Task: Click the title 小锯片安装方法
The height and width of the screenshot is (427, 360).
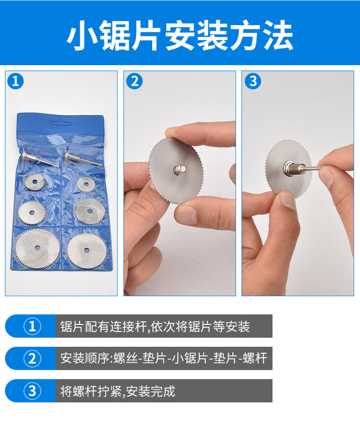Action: [x=180, y=35]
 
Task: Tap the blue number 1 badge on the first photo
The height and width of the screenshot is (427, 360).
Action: [x=15, y=81]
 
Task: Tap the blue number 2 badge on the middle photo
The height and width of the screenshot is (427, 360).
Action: [x=135, y=81]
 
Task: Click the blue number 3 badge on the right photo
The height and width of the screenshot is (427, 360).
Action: [x=253, y=81]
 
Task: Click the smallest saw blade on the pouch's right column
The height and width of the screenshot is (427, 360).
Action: [x=86, y=184]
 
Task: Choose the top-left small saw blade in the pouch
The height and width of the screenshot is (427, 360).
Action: [x=35, y=181]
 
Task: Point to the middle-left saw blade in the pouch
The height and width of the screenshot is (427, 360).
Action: [x=32, y=212]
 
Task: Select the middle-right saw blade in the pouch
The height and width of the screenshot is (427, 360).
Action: [x=90, y=210]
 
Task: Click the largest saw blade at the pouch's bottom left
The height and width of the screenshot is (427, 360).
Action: [x=37, y=248]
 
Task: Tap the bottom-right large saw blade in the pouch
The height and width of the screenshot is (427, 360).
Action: [x=87, y=250]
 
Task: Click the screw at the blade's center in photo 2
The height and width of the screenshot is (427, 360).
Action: [x=179, y=170]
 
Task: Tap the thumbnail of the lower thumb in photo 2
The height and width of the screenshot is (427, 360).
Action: [x=185, y=215]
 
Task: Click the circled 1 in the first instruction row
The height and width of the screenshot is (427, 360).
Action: [x=33, y=326]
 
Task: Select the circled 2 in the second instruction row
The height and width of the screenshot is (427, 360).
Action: [x=33, y=358]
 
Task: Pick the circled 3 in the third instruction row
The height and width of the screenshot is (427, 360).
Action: [x=33, y=391]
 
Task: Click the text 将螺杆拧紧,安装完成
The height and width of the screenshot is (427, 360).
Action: [x=118, y=391]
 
